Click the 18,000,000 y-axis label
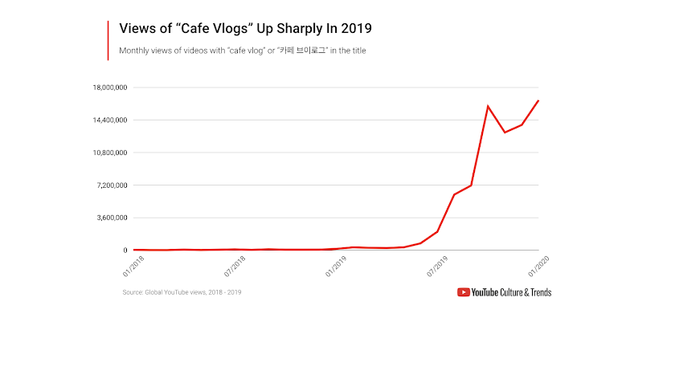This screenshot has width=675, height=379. (110, 88)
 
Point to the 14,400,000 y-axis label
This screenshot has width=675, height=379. (110, 120)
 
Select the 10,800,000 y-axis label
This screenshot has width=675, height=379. (110, 153)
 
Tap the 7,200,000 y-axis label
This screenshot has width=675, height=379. (112, 185)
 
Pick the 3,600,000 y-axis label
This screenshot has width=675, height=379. (112, 218)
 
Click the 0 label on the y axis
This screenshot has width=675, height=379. (126, 251)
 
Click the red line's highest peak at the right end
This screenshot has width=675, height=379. (538, 100)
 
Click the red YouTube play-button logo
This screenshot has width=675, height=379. (464, 292)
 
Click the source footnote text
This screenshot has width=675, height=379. (182, 292)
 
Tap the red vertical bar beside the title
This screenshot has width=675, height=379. (108, 40)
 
